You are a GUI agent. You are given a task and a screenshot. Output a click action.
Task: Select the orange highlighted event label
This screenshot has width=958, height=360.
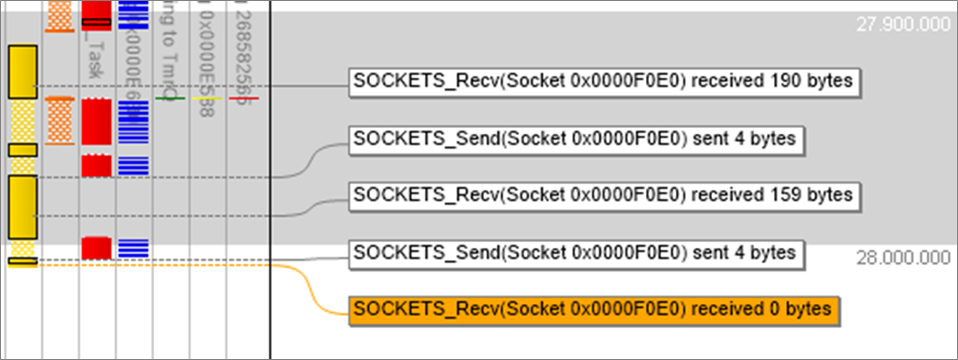pos(596,309)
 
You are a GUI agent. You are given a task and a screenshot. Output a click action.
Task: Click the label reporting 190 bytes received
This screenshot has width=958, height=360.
pos(604,82)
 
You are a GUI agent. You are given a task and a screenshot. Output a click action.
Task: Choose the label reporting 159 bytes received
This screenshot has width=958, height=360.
pos(604,195)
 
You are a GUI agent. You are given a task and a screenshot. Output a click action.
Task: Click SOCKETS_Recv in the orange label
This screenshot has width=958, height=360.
pos(404,309)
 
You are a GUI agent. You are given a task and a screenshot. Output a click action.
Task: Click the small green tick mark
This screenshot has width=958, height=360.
pos(168,97)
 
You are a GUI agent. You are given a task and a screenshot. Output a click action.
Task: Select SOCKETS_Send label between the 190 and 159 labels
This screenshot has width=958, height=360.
pos(576,140)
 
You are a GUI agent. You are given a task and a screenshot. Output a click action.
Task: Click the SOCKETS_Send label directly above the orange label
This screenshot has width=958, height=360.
pos(576,252)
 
